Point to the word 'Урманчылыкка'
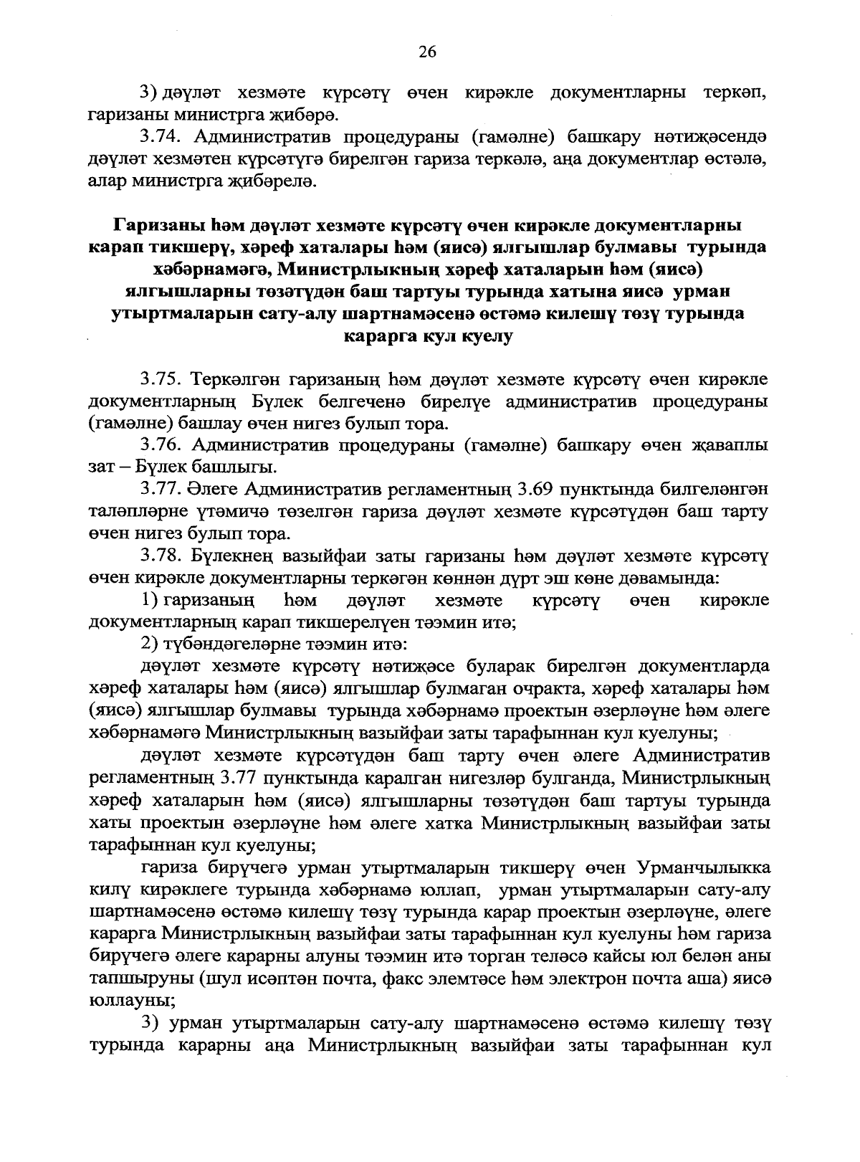pyautogui.click(x=702, y=869)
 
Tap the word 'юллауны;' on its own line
pyautogui.click(x=120, y=1001)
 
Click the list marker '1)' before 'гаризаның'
pyautogui.click(x=150, y=600)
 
